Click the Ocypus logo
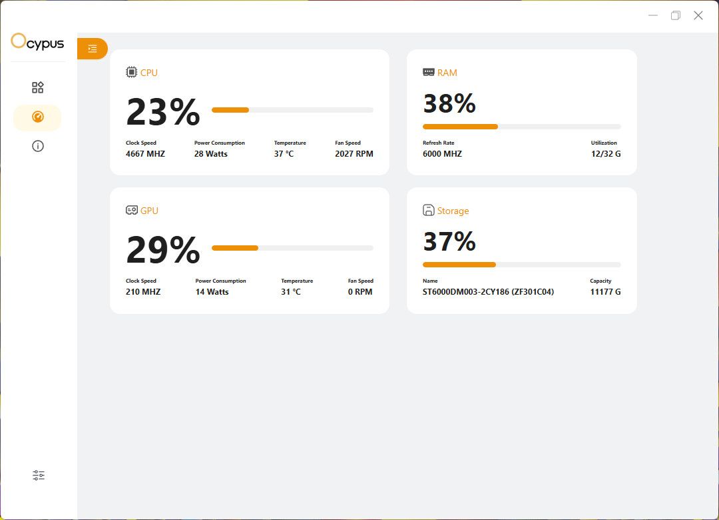[x=37, y=43]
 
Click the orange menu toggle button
[x=93, y=49]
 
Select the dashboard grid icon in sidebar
[x=38, y=87]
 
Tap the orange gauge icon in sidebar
[x=38, y=117]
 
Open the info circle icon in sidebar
[x=38, y=146]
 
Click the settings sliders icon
[x=39, y=475]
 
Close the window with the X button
[x=698, y=15]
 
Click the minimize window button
[x=653, y=15]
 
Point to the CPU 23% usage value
[x=162, y=112]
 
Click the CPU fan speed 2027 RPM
[x=354, y=154]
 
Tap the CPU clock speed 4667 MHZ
[x=145, y=154]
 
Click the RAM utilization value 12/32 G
[x=605, y=154]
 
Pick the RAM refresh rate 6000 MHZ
[x=442, y=154]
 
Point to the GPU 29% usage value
[x=162, y=250]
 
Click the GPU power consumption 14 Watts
[x=212, y=292]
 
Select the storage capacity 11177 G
[x=605, y=292]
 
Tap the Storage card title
[x=453, y=211]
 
